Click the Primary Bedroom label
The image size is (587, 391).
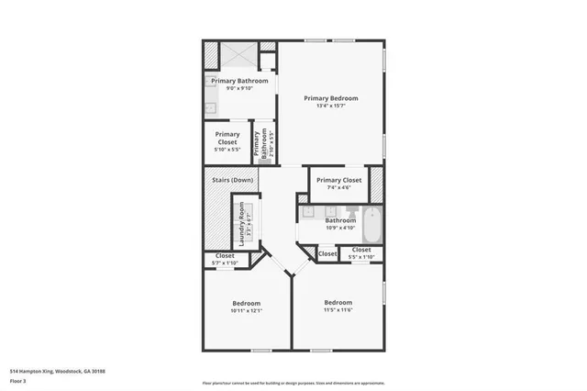click(331, 98)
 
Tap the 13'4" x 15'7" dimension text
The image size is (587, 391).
click(331, 106)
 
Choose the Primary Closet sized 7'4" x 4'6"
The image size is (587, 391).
click(338, 183)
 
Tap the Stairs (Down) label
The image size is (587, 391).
click(232, 180)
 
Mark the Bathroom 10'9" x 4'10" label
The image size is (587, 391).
click(340, 223)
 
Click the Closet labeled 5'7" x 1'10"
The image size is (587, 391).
click(225, 259)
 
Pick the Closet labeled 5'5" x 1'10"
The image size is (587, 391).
click(360, 252)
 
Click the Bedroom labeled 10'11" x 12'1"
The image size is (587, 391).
click(246, 307)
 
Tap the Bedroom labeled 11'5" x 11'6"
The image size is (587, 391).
click(338, 306)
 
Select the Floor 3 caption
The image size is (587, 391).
click(18, 379)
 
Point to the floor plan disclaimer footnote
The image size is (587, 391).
click(293, 383)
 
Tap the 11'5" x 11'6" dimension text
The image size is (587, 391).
click(338, 309)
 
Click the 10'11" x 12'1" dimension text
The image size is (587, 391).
click(246, 310)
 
